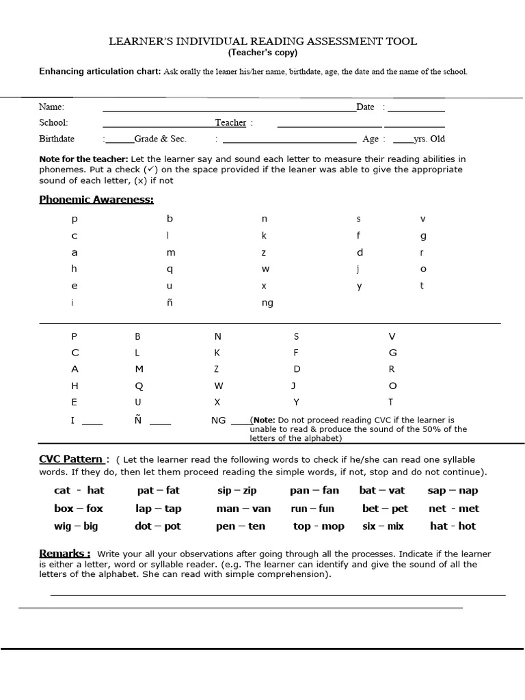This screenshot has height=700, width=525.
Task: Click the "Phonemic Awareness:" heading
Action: pos(96,200)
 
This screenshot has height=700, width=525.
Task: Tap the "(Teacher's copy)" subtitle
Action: pos(263,53)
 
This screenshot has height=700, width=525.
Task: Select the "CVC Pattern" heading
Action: pos(71,459)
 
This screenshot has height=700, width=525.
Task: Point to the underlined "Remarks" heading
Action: pos(64,554)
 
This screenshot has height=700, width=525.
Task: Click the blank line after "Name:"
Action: pos(229,108)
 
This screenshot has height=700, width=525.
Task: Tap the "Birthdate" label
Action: pos(57,139)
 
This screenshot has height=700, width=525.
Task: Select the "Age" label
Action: pos(371,139)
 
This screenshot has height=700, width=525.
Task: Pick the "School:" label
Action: pos(53,123)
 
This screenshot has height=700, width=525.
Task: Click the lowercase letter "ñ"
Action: pos(170,303)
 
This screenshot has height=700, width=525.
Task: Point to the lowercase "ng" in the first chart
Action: pos(267,303)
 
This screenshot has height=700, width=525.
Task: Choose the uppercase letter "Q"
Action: pos(139,386)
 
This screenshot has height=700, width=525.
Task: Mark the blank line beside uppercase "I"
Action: pos(92,422)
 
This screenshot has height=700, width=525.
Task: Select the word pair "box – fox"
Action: pos(79,509)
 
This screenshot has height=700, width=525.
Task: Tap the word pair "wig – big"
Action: pos(76,526)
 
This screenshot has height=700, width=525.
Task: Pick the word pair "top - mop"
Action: pos(319,526)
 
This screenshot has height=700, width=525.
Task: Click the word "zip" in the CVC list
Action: pos(250,491)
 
